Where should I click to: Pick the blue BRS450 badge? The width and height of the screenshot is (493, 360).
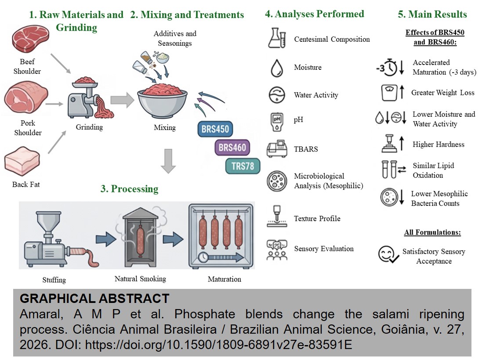(215, 130)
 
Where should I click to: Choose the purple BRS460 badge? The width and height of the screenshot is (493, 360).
(232, 148)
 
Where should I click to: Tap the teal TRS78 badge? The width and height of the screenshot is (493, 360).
(243, 166)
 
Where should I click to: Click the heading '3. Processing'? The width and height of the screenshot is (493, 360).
(129, 189)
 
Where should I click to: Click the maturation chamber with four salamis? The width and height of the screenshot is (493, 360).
(221, 236)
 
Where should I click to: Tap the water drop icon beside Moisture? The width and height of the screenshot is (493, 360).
(277, 68)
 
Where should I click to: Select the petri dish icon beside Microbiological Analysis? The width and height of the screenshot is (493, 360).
(277, 181)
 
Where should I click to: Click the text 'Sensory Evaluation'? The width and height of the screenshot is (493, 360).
(324, 249)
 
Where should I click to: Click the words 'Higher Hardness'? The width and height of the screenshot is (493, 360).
(438, 144)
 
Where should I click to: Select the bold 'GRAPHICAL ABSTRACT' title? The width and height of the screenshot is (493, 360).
(94, 299)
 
